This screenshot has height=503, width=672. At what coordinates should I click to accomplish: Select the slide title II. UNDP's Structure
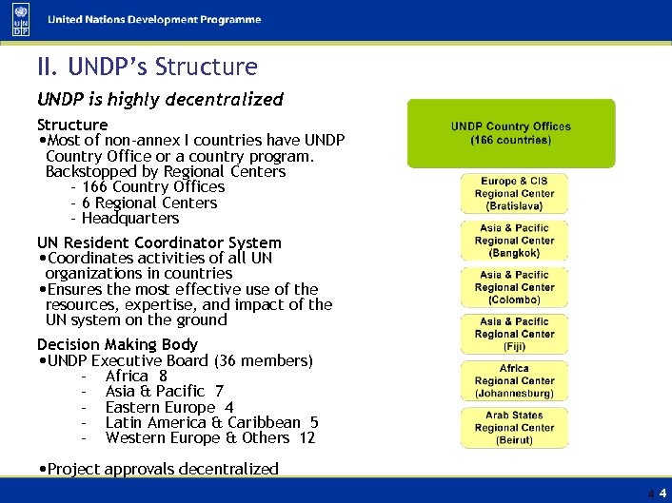147,68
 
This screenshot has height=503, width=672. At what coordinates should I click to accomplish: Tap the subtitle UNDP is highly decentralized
160,99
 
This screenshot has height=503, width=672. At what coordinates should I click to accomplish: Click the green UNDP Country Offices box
511,133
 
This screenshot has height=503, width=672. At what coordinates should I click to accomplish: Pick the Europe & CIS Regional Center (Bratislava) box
514,193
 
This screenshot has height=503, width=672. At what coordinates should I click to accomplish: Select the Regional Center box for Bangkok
514,241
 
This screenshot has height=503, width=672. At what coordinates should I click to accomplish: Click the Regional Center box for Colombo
514,287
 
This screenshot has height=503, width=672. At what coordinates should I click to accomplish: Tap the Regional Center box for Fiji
514,334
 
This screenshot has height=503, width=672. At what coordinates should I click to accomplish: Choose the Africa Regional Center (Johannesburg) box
514,380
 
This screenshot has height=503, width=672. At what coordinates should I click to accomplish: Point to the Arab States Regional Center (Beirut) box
514,427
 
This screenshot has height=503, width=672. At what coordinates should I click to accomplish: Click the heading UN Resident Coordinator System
159,242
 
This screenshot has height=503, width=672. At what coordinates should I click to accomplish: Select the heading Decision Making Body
117,344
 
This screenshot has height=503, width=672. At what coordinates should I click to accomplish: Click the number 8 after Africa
163,376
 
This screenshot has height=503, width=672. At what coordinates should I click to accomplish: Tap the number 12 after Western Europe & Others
306,437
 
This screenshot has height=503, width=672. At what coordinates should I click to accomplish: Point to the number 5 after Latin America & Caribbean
314,422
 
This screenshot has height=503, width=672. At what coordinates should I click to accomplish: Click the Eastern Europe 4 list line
169,407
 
